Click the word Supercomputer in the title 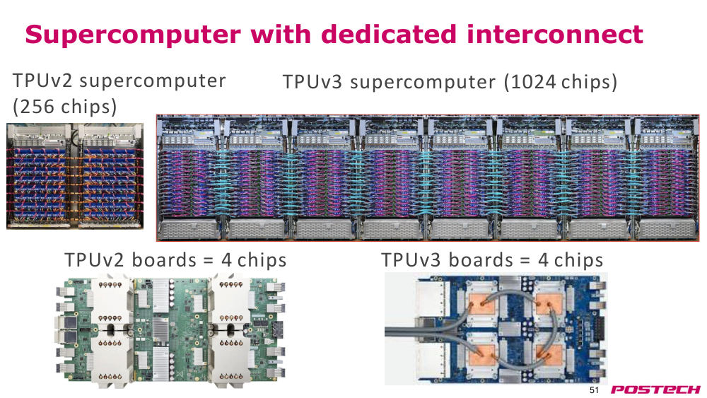click(x=133, y=35)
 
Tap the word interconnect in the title click(x=554, y=34)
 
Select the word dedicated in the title click(x=390, y=34)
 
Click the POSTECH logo click(x=655, y=390)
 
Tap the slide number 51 click(x=595, y=390)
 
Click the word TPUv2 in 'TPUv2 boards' click(x=94, y=260)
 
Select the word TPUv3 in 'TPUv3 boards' click(x=411, y=260)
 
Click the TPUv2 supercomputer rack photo click(x=75, y=176)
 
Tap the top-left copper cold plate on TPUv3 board click(x=482, y=304)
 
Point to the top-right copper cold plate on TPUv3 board click(x=549, y=304)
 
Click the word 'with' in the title click(x=281, y=34)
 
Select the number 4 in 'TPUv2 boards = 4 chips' click(x=227, y=261)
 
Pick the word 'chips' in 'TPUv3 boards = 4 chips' click(x=578, y=261)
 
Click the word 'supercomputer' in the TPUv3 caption click(x=423, y=83)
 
